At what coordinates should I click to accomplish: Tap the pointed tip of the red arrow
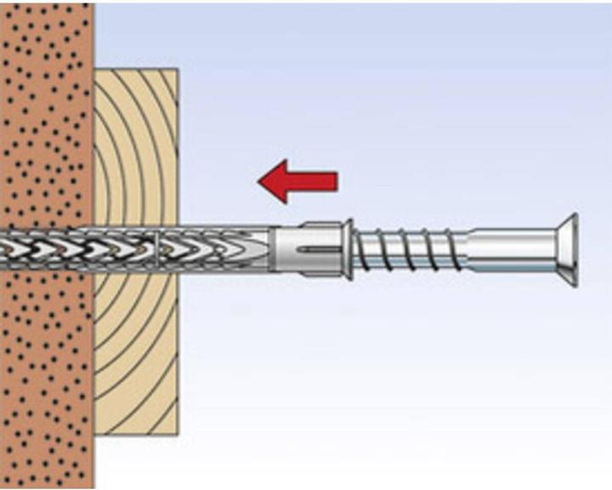tap(260, 181)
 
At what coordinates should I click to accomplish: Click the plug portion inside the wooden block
tap(136, 248)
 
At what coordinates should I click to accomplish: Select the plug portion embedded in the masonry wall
tap(47, 248)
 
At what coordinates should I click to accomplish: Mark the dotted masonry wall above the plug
tap(47, 111)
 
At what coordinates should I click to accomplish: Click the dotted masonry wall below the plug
tap(47, 374)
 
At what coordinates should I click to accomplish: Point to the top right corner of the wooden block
tap(177, 70)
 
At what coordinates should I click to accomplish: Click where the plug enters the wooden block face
tap(178, 248)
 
